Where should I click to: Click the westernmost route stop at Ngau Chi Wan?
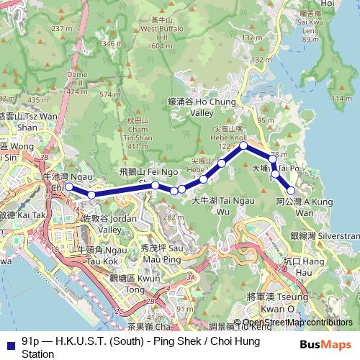69,186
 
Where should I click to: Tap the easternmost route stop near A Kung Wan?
292,190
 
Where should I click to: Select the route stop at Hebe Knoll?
244,145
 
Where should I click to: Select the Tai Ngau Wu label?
215,207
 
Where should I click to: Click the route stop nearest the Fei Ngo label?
156,185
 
